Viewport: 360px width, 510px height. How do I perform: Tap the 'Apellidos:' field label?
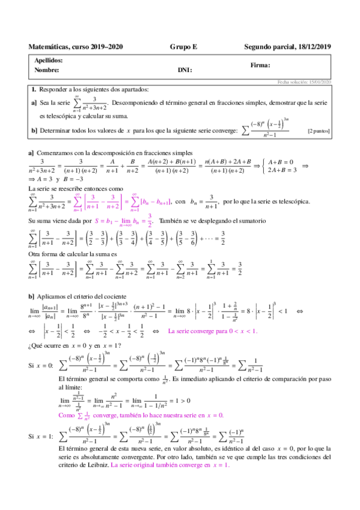(x=49, y=61)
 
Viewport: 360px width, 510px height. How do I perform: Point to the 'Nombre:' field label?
(x=46, y=70)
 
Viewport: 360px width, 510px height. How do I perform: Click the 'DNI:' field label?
(x=185, y=70)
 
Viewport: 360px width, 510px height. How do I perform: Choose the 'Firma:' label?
(x=260, y=66)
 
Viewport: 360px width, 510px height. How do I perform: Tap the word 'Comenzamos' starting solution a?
(x=61, y=153)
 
